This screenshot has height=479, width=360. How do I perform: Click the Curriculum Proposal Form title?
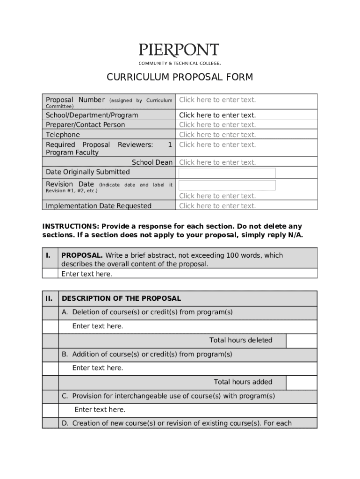pos(180,77)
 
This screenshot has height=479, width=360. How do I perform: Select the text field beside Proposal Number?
pos(217,100)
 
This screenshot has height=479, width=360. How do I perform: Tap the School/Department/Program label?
pos(92,115)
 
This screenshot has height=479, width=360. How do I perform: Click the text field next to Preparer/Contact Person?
pos(217,125)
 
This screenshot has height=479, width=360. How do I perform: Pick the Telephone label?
pos(63,135)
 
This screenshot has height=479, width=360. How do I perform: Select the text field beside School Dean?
pos(217,162)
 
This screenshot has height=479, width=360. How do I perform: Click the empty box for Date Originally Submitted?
pos(227,173)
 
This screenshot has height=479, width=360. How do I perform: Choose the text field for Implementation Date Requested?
pos(217,206)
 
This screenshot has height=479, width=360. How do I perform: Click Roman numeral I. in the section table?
pos(48,255)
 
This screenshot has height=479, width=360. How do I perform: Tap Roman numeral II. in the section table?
pos(49,298)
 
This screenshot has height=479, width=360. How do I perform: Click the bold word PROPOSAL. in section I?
pos(82,255)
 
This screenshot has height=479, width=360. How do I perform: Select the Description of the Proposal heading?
pos(121,298)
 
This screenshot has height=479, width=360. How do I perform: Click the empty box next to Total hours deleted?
pos(301,341)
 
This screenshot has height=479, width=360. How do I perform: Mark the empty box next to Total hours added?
pos(301,382)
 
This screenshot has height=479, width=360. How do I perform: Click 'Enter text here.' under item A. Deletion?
pos(98,326)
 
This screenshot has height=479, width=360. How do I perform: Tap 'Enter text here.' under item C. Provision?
pos(100,410)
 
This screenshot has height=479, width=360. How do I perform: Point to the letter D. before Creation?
pos(65,423)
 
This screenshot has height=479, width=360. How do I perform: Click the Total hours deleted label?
pos(240,341)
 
